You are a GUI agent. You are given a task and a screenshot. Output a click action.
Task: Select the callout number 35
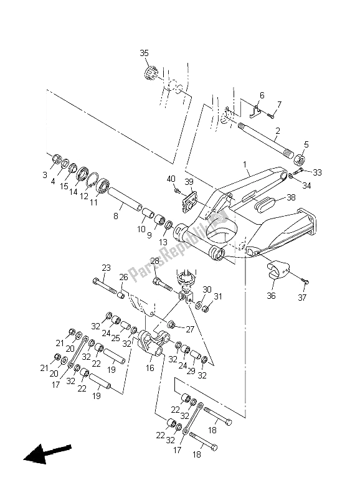coord(144,54)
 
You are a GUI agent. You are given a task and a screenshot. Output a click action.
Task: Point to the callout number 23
coord(107,268)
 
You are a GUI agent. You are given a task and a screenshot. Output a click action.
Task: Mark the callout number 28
coord(154,261)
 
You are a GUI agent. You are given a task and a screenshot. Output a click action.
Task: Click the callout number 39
coord(189,181)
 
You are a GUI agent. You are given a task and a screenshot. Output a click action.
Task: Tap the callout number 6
coord(262,95)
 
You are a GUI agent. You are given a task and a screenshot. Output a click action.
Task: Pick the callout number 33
coord(318,172)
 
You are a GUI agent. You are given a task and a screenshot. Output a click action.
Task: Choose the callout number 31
coord(218,296)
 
